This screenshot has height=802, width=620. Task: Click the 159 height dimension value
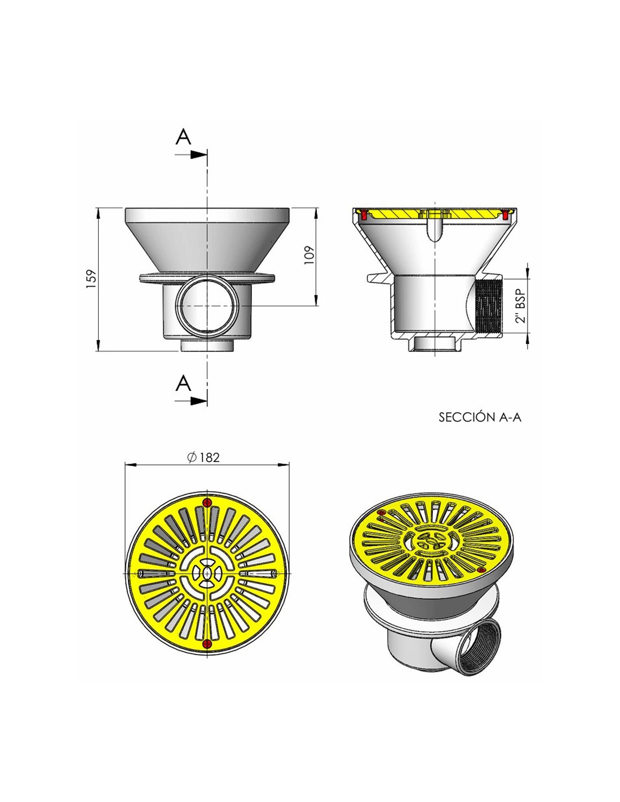pos(91,279)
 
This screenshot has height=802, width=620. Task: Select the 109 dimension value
pos(309,255)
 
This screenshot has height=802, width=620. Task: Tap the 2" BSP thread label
pos(520,305)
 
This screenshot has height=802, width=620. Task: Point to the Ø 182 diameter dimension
pos(203,457)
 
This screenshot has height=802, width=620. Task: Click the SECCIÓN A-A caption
pos(480,417)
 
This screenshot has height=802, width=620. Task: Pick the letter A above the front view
pos(183,137)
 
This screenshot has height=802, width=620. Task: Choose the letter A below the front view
pos(183,383)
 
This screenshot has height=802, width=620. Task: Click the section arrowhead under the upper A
pos(198,155)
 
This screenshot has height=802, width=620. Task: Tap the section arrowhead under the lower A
pos(198,401)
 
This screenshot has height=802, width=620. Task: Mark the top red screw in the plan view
pos(207,503)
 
